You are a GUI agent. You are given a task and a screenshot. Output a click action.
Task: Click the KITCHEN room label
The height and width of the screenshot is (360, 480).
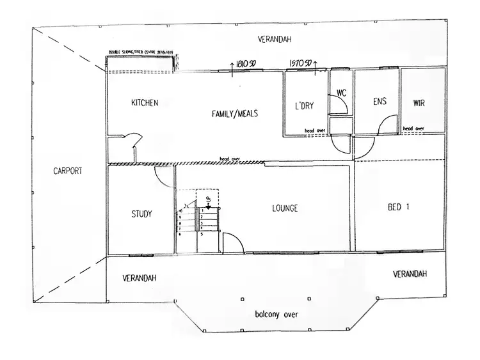tap(144, 103)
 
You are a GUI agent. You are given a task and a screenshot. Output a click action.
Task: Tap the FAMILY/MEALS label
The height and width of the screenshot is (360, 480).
tap(236, 114)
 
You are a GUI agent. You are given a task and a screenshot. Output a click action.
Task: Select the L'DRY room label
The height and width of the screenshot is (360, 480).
tap(303, 105)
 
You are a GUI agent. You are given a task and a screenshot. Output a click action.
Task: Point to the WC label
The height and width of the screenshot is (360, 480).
tap(341, 93)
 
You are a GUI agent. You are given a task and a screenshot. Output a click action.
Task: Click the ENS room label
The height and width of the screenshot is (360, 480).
tap(378, 102)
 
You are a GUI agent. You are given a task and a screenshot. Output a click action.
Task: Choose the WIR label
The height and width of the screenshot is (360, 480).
tap(419, 102)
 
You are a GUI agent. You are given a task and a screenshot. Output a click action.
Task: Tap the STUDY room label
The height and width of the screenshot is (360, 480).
tap(141, 214)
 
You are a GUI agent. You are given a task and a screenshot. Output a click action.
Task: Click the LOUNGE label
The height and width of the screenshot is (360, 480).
tap(285, 208)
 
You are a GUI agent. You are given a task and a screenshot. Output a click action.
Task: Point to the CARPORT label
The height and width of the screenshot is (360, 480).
tap(68, 171)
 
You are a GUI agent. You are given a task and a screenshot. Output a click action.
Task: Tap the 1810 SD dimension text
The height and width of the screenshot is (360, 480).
tap(245, 64)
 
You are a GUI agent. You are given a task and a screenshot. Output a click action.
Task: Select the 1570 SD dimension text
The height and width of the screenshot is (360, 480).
tap(300, 64)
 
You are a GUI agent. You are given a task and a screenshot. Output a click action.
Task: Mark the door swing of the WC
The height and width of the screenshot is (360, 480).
tap(339, 105)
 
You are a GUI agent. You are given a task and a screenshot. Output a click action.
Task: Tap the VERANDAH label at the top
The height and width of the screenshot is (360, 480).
tap(275, 40)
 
